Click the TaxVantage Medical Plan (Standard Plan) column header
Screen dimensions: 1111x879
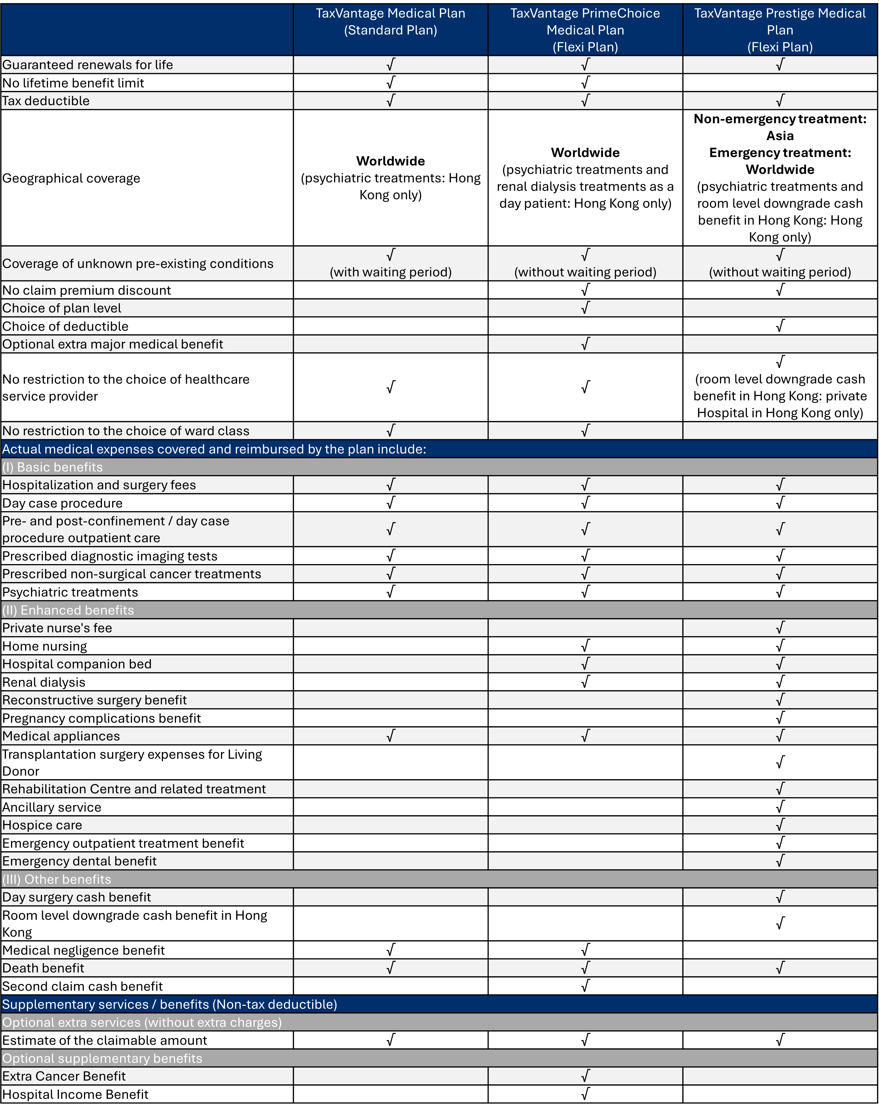click(391, 22)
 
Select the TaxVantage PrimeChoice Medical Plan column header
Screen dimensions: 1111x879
click(585, 30)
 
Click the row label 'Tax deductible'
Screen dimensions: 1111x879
click(46, 101)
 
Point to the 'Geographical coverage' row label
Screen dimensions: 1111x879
click(71, 178)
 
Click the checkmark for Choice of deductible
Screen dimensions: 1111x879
click(780, 326)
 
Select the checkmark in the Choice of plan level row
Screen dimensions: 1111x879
click(585, 308)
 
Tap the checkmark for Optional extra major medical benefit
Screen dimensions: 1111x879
click(585, 344)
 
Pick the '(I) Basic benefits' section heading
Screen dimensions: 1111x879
click(52, 467)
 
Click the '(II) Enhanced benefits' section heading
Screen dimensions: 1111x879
click(68, 610)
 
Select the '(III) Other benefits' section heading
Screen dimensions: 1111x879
click(57, 879)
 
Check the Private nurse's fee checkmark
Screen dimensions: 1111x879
click(780, 627)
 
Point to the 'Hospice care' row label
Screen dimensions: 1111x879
click(42, 825)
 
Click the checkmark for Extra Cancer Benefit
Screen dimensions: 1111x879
click(585, 1075)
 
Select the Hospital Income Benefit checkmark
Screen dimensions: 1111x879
click(585, 1094)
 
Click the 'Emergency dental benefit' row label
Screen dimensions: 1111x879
click(79, 861)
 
